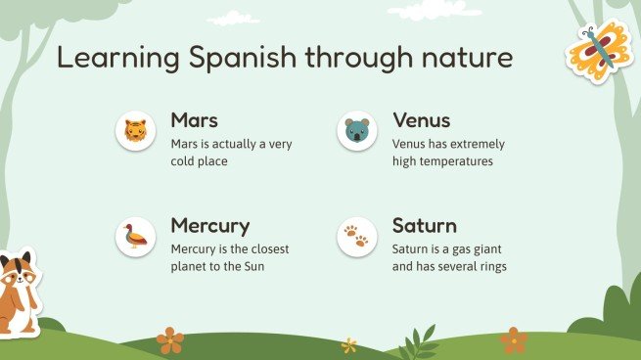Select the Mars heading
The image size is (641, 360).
coord(194,120)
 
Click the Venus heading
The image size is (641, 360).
coord(421,120)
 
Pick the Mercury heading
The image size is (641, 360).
coord(209,226)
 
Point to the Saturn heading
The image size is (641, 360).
coord(425,226)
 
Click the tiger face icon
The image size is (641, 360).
coord(136,130)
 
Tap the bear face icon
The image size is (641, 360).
coord(357,130)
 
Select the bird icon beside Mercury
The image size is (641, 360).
coord(136,236)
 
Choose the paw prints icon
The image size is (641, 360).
coord(357,236)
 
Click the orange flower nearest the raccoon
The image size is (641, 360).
coord(170,339)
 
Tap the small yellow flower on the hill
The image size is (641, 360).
coord(349,344)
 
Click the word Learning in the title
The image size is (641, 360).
coord(106,59)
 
